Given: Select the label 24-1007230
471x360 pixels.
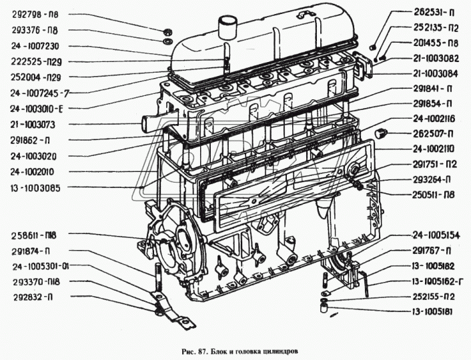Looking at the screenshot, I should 37,46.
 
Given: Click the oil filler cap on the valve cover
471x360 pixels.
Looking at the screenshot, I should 227,28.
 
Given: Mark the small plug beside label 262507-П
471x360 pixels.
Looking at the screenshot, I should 383,131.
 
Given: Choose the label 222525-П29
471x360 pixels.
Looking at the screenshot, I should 37,61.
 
